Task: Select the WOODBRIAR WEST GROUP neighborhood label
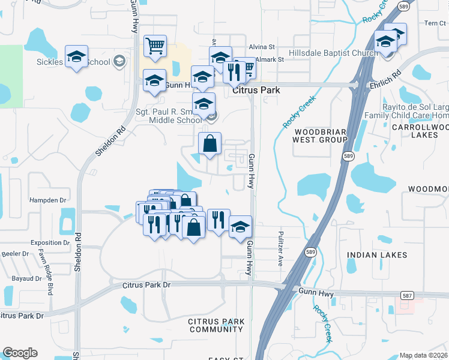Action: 320,135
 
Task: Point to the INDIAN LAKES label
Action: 377,255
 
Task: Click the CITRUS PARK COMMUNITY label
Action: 216,326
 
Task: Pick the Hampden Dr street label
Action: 46,200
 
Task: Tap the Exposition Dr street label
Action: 50,243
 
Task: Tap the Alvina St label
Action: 262,46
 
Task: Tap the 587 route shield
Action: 408,295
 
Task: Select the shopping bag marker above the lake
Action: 209,144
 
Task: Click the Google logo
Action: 20,353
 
